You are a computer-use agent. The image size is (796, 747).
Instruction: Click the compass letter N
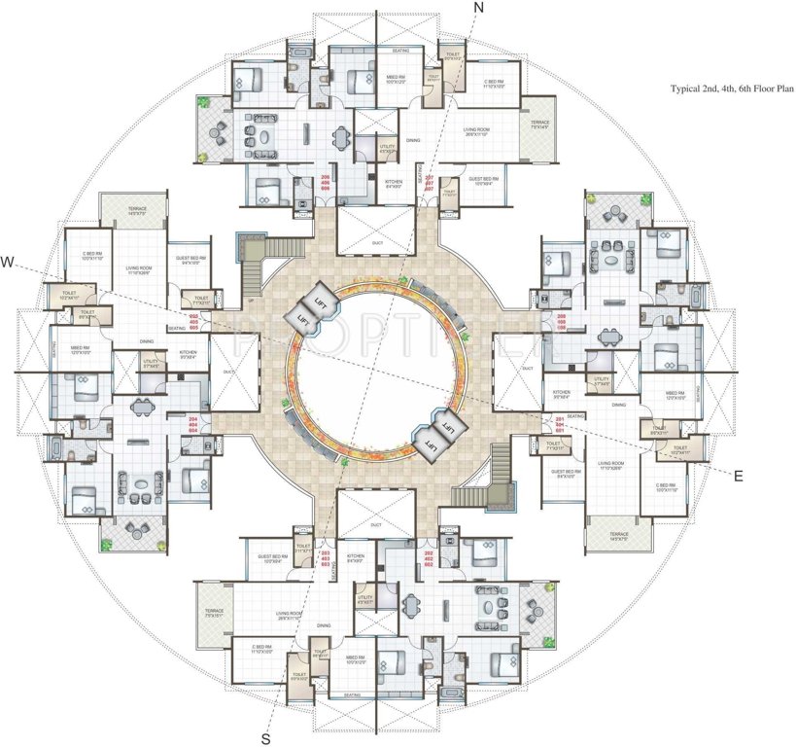477,9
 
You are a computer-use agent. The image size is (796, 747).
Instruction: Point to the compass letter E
738,476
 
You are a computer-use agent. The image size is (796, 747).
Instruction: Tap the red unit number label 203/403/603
326,562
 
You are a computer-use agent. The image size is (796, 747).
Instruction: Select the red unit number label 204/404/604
192,424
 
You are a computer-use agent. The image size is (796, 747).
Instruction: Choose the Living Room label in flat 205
135,271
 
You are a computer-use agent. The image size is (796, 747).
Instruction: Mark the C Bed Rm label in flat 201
665,486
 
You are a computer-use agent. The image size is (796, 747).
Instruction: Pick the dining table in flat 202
412,602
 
